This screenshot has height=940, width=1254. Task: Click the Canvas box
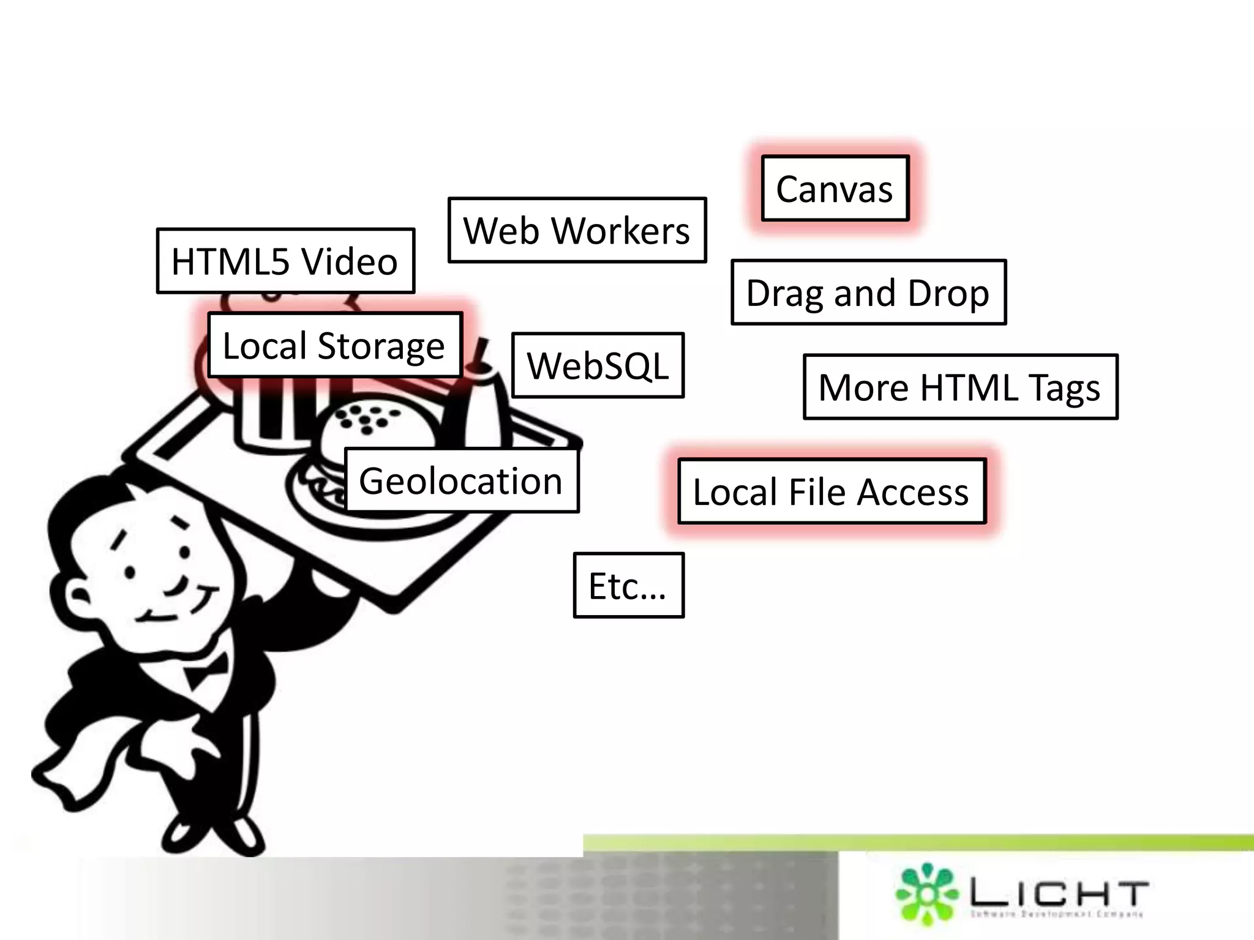point(835,188)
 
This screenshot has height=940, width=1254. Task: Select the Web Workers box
point(577,230)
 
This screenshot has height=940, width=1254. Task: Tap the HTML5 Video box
point(285,261)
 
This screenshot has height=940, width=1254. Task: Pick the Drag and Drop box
point(868,293)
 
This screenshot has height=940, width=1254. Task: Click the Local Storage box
point(334,345)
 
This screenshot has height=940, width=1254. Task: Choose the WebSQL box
point(598,365)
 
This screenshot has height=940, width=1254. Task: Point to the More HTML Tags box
point(960,387)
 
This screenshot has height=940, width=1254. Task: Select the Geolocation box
point(461,480)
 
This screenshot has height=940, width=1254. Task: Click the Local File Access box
point(832,491)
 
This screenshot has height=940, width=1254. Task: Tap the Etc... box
point(628,586)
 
